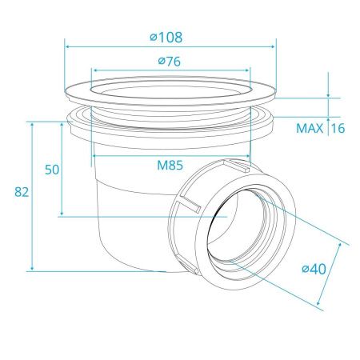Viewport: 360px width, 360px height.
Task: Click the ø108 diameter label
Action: pyautogui.click(x=166, y=38)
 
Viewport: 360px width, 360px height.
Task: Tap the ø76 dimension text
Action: pyautogui.click(x=170, y=62)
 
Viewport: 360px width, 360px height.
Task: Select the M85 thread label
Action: pyautogui.click(x=170, y=166)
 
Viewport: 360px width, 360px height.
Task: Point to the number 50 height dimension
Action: pyautogui.click(x=52, y=170)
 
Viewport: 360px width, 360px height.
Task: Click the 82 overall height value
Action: pyautogui.click(x=22, y=192)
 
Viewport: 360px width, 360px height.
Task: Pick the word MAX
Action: pyautogui.click(x=310, y=129)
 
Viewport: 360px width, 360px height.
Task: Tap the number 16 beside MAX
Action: pyautogui.click(x=338, y=129)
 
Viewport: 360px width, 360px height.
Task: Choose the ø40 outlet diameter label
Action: pyautogui.click(x=314, y=269)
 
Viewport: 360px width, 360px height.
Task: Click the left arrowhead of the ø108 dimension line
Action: pyautogui.click(x=68, y=47)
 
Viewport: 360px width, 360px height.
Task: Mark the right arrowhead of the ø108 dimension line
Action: pyautogui.click(x=273, y=47)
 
